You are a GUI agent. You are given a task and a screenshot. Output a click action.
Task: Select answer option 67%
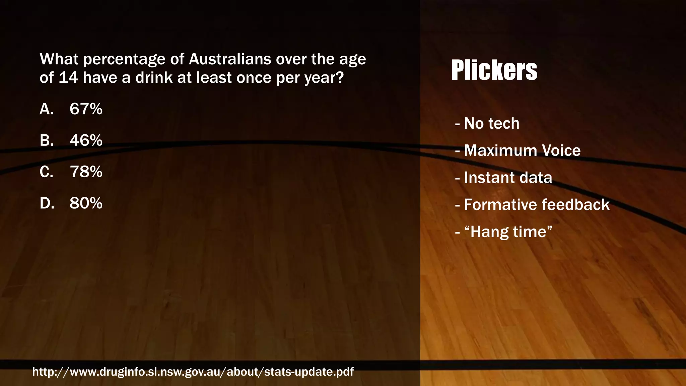point(86,109)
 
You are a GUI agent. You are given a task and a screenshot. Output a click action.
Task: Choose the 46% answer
point(86,140)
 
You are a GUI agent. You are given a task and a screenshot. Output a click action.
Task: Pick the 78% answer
point(86,172)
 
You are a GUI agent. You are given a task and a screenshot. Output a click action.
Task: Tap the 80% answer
point(86,203)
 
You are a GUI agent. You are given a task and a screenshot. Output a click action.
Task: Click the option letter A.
point(46,109)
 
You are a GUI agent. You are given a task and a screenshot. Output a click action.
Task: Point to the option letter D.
point(47,203)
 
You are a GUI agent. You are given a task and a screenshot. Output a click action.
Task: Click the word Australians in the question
point(230,59)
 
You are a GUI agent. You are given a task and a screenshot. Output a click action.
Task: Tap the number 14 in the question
point(68,78)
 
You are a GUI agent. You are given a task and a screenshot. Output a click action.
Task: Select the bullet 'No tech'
point(491,123)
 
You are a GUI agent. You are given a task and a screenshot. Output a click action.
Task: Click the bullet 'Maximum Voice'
point(522,150)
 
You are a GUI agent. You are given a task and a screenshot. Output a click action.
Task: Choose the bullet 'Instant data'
point(508,178)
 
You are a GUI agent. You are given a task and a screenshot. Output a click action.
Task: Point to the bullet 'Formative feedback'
point(537,205)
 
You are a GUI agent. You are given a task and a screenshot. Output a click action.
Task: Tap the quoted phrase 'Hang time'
point(508,232)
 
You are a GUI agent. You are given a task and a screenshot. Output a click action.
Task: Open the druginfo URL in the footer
point(193,372)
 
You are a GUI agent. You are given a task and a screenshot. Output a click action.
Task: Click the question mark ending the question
point(340,78)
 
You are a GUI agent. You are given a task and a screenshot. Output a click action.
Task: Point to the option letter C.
point(46,172)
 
